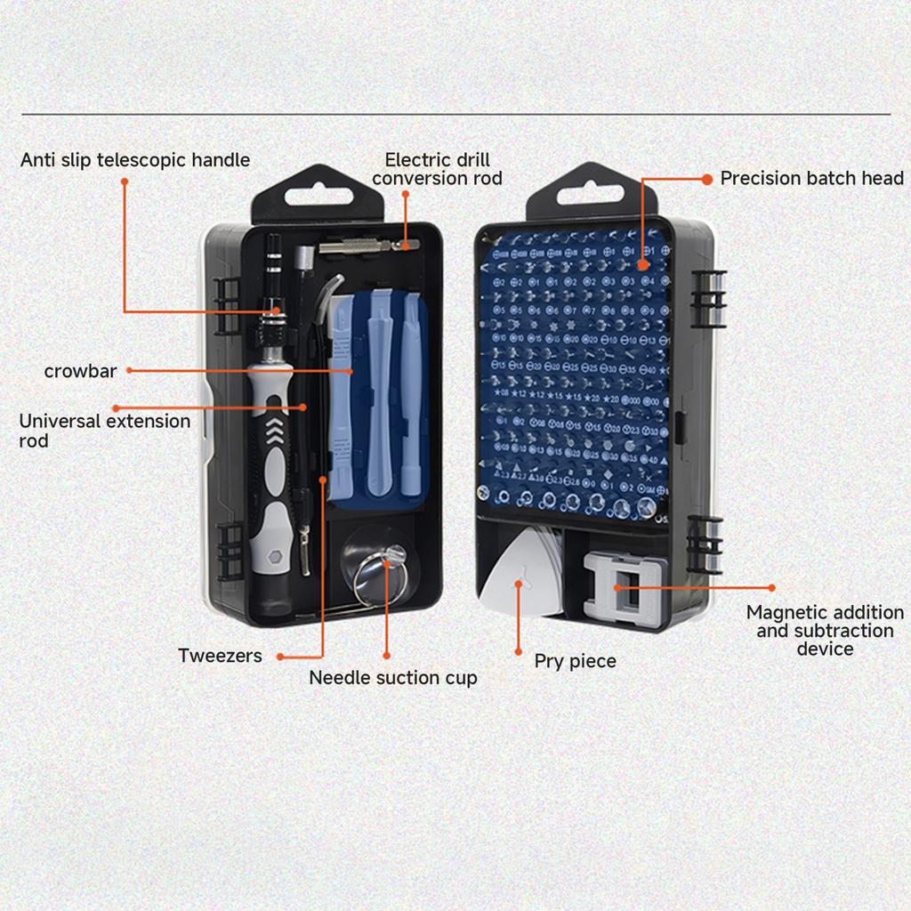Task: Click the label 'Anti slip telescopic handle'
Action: [135, 160]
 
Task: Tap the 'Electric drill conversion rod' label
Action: [437, 169]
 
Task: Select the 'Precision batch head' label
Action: [811, 178]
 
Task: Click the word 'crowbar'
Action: [80, 371]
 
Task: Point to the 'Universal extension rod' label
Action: [104, 430]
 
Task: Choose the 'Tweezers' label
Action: [220, 657]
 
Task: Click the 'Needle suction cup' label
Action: [392, 678]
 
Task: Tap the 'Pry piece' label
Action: [575, 661]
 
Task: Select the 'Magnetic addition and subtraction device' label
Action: [825, 630]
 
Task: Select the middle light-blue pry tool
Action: [380, 391]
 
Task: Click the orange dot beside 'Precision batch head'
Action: [706, 179]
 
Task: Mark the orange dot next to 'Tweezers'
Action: [280, 657]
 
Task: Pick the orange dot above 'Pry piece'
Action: [519, 652]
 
